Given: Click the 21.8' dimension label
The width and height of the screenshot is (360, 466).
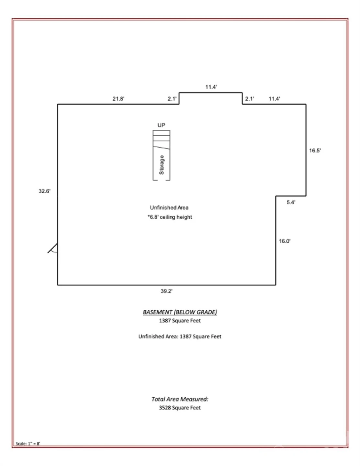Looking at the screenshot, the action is [x=118, y=99].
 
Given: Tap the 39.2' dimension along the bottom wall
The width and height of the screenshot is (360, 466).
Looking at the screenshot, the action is [x=166, y=291].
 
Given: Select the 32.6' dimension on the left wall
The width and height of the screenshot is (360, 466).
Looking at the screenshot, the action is [x=45, y=191].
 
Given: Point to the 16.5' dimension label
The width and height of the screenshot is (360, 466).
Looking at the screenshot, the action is [x=315, y=150].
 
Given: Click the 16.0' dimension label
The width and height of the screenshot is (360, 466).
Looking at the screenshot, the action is [x=285, y=241].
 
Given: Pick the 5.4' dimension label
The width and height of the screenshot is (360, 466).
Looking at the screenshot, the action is [x=291, y=202].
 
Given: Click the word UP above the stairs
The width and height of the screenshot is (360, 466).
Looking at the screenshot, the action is [x=161, y=125].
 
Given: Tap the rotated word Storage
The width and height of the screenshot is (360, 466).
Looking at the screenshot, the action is [x=162, y=165].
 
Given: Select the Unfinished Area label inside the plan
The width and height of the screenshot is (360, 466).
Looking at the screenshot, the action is [x=169, y=207].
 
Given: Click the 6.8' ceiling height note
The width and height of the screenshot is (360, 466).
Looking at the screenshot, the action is [x=170, y=217].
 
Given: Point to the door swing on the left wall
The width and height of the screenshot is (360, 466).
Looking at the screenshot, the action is [x=53, y=248].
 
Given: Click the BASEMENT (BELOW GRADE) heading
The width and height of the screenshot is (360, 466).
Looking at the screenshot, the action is [x=180, y=312].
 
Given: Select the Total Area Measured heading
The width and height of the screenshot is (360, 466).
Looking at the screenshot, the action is [x=180, y=399].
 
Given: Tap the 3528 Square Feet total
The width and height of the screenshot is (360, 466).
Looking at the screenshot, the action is [x=180, y=408].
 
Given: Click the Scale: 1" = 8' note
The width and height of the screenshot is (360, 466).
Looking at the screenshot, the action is [x=28, y=443].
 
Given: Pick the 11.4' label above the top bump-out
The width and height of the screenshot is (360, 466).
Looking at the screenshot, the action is [x=211, y=87].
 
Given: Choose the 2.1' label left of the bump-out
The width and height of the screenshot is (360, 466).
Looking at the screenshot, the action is [x=172, y=99].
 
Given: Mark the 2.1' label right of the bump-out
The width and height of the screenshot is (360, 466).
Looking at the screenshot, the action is [x=250, y=99].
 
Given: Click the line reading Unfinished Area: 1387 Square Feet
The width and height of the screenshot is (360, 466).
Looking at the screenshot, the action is [x=180, y=337].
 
